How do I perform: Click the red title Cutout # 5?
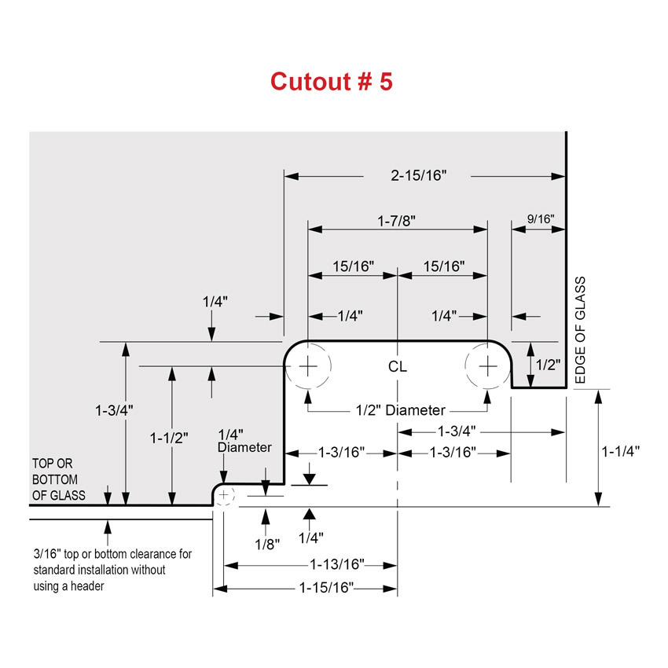point(331,81)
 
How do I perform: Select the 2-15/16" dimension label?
point(417,175)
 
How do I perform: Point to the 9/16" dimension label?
point(539,220)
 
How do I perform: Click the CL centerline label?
point(398,367)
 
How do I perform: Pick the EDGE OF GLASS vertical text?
point(581,331)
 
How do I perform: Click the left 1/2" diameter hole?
point(308,366)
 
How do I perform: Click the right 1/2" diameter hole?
point(488,366)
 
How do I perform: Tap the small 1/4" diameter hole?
point(225,495)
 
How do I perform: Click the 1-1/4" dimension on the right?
point(620,451)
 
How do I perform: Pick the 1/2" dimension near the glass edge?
point(547,365)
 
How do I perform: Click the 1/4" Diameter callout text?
point(244,440)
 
